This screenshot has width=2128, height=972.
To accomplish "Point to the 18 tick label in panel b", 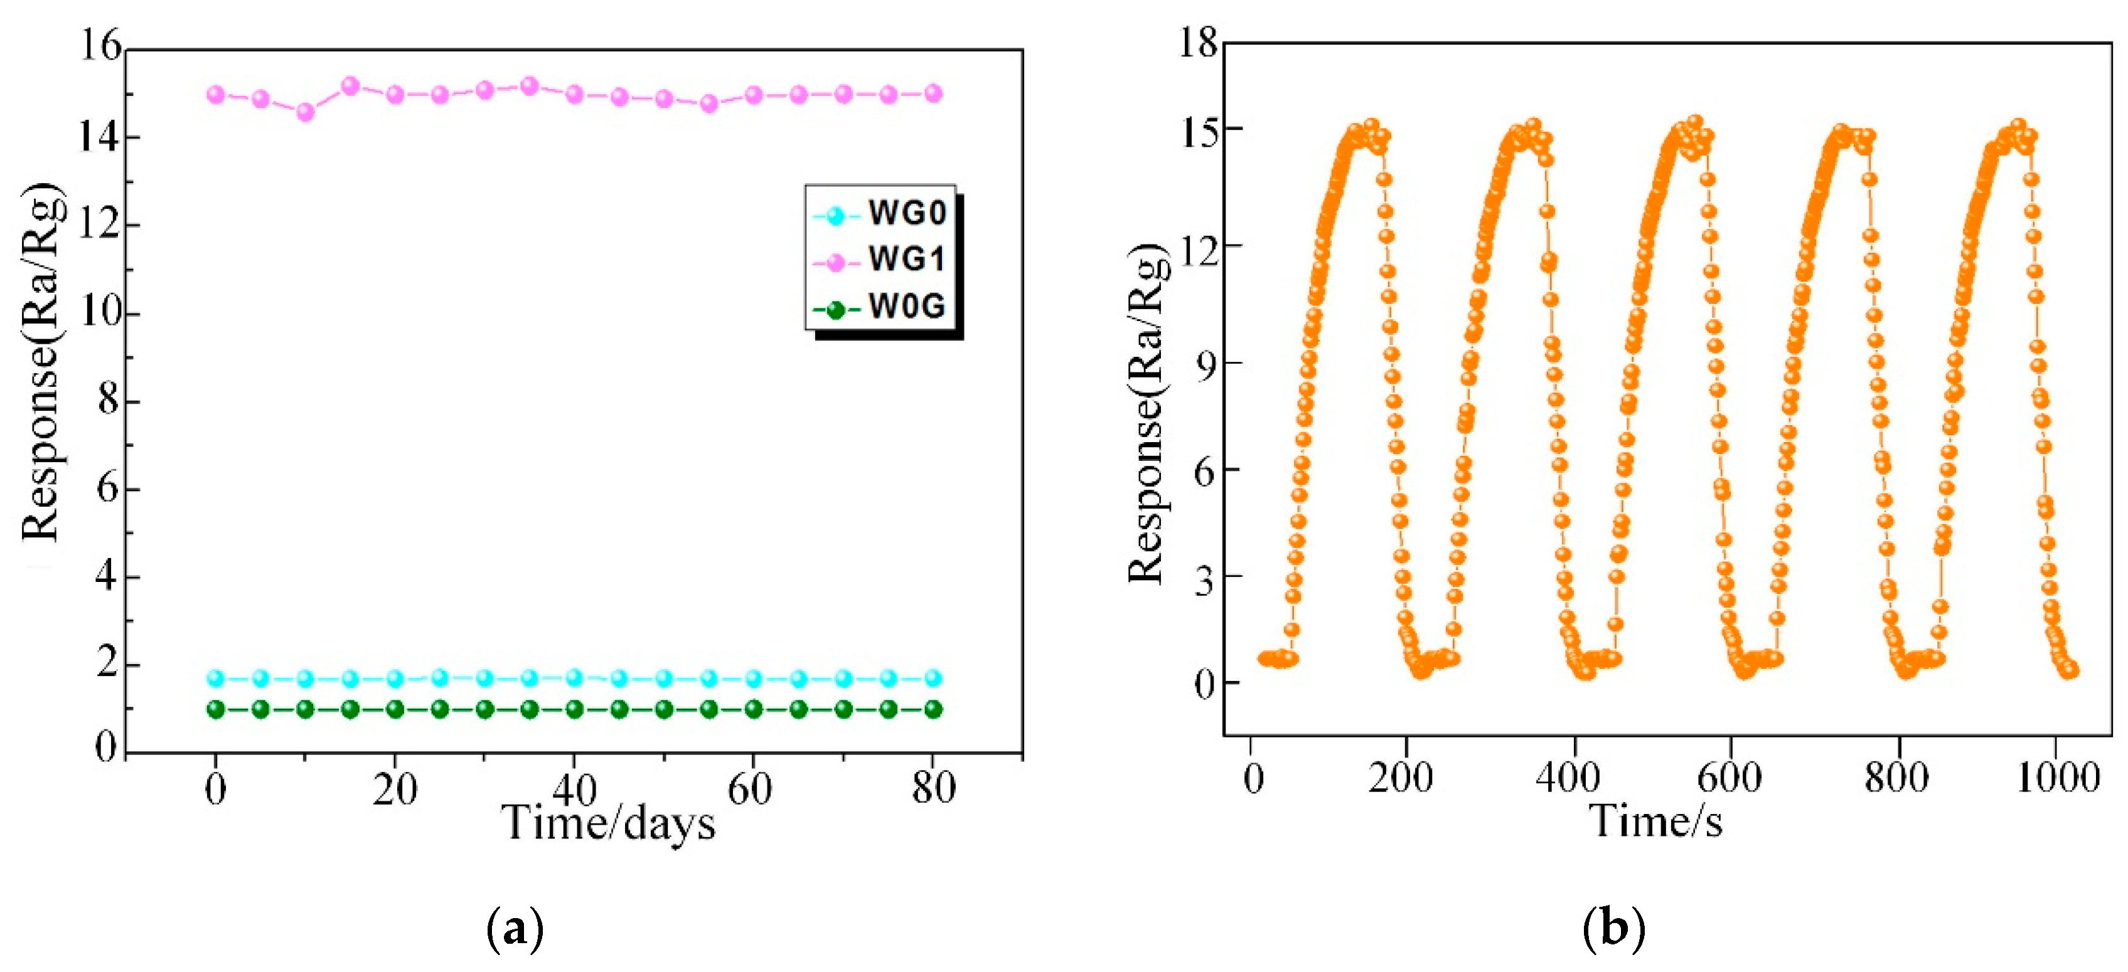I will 1198,41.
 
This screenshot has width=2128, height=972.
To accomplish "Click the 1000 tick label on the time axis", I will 2057,778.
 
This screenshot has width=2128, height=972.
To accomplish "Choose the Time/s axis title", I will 1656,821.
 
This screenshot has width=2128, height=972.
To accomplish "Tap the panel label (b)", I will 1613,928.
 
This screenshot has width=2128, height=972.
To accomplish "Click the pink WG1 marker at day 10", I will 305,112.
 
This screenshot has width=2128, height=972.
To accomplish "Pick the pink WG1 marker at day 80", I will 933,93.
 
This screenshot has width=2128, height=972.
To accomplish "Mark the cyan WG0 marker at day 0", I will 216,678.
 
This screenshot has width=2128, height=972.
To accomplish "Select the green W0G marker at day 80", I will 933,709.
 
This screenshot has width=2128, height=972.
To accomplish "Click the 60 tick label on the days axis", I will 749,790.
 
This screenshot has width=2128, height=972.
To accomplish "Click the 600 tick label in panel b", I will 1729,778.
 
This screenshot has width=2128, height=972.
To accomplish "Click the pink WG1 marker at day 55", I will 708,104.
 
